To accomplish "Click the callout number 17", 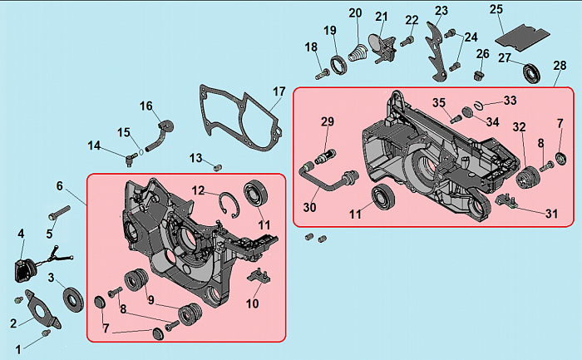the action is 279,91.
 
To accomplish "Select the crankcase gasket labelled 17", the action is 240,118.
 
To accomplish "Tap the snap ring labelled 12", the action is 229,204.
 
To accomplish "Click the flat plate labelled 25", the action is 523,35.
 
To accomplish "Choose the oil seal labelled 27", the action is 531,73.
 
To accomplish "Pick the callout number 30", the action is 309,207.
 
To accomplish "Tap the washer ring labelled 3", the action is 73,299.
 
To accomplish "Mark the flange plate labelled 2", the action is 42,309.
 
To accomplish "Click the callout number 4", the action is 21,234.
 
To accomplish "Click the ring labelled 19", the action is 339,64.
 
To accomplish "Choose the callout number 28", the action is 560,66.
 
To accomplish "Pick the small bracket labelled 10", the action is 259,276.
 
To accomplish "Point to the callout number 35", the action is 439,103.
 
